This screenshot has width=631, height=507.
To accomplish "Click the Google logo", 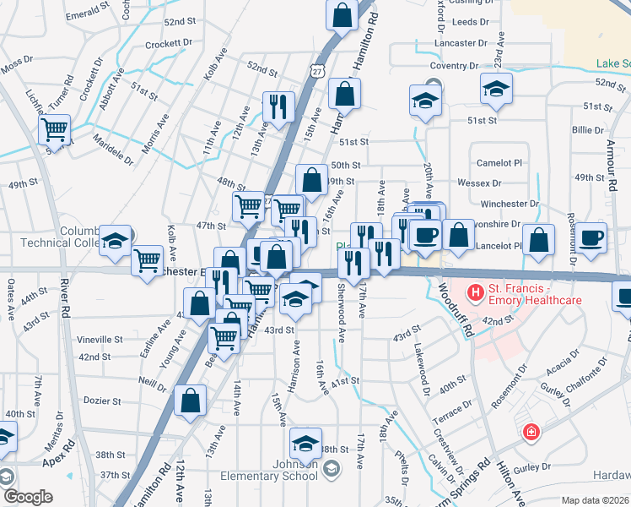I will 27,497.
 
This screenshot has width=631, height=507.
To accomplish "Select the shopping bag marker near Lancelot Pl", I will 538,238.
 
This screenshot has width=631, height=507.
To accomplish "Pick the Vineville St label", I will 100,339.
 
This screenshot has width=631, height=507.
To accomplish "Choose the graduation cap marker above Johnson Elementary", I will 305,442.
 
